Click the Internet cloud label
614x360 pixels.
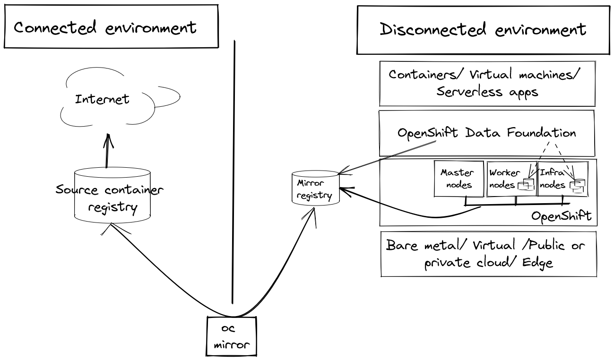point(102,99)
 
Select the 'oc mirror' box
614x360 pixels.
point(231,336)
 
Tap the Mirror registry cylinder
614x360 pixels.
point(315,188)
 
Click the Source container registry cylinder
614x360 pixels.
point(112,195)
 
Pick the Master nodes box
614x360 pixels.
point(459,179)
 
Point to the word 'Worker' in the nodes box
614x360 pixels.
point(505,172)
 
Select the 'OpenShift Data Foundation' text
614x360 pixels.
point(486,133)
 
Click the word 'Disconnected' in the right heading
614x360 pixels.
point(433,29)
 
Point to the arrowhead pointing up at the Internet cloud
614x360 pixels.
point(108,141)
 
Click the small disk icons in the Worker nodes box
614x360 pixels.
point(526,184)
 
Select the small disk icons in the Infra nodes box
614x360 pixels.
point(578,186)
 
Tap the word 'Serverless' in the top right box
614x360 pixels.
point(469,91)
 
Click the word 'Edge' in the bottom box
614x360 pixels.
point(537,263)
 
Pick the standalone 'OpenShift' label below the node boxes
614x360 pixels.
point(561,216)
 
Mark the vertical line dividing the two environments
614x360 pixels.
point(233,172)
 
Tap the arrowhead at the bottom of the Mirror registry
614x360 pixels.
point(312,216)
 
